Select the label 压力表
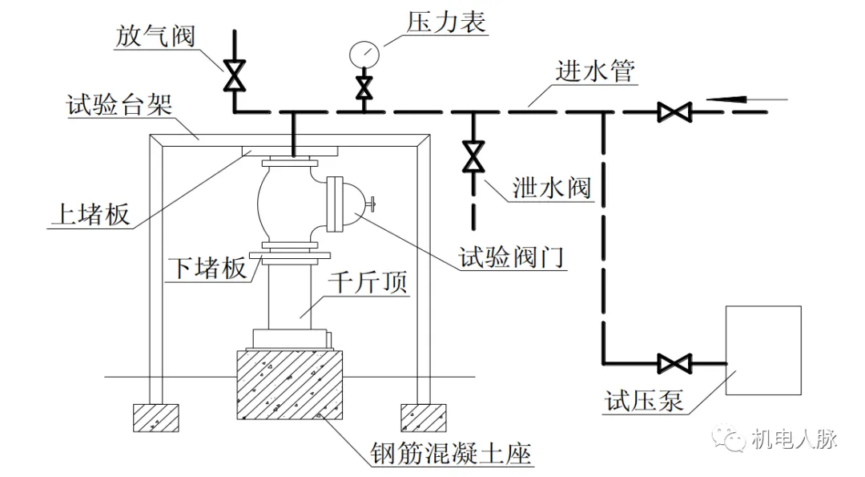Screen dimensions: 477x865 (446, 22)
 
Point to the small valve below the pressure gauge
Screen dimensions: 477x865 (364, 86)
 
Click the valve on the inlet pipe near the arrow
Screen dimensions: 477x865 (673, 111)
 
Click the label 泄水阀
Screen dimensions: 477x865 (552, 188)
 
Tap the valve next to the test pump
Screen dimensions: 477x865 (673, 363)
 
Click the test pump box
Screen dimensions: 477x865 (762, 350)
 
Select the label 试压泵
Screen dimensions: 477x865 (645, 399)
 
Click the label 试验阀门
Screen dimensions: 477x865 (513, 258)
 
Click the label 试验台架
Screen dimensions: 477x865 (120, 104)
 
